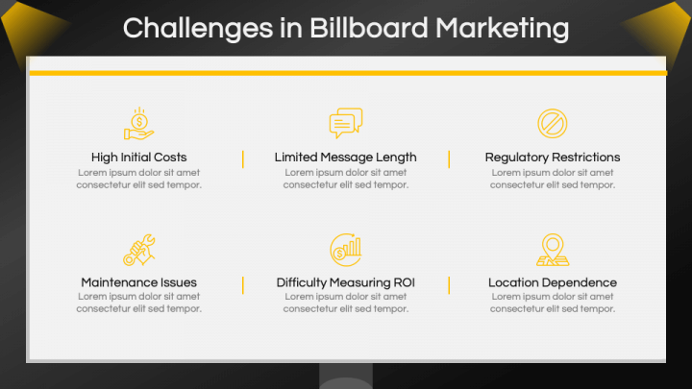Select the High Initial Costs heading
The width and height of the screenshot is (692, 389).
[x=139, y=157]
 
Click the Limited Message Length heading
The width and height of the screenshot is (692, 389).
[x=346, y=157]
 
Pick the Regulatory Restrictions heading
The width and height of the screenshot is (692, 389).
[x=553, y=157]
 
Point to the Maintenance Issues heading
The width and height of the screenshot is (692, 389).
[x=139, y=282]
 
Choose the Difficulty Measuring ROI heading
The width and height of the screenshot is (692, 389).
[x=346, y=282]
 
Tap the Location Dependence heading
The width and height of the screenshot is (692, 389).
[x=553, y=282]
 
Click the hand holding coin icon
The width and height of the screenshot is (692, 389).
[x=139, y=124]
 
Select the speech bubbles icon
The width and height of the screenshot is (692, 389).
[x=346, y=123]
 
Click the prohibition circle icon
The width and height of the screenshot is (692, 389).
[x=553, y=123]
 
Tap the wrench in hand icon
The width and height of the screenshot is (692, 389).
[x=139, y=250]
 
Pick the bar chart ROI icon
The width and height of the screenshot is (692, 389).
[x=346, y=249]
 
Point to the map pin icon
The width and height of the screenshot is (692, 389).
[x=553, y=249]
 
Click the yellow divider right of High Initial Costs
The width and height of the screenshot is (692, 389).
[x=242, y=158]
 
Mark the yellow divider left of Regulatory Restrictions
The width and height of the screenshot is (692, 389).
[x=449, y=158]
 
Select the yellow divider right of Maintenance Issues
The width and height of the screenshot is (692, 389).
[x=242, y=284]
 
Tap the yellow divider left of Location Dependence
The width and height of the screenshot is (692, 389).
[x=449, y=284]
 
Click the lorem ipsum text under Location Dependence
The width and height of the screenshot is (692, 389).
[x=553, y=303]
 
